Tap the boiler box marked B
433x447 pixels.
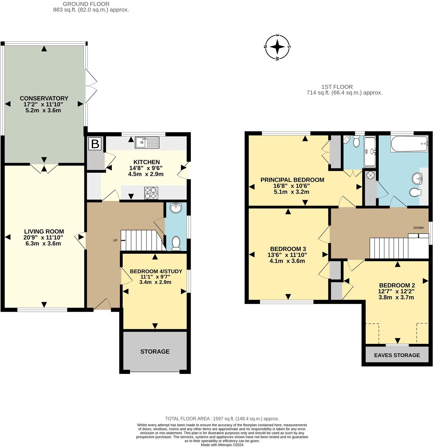pyautogui.click(x=95, y=144)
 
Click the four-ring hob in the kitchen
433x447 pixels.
pyautogui.click(x=151, y=193)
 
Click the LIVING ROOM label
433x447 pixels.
pyautogui.click(x=44, y=232)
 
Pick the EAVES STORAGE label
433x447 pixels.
pyautogui.click(x=397, y=355)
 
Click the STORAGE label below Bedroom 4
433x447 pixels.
pyautogui.click(x=155, y=352)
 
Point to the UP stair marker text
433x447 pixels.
pyautogui.click(x=115, y=240)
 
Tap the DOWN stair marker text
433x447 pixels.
pyautogui.click(x=418, y=228)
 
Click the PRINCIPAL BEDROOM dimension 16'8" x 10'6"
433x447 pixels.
pyautogui.click(x=292, y=186)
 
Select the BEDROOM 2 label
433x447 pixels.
pyautogui.click(x=397, y=285)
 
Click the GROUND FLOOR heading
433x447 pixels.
pyautogui.click(x=86, y=4)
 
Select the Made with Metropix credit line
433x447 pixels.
pyautogui.click(x=222, y=445)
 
